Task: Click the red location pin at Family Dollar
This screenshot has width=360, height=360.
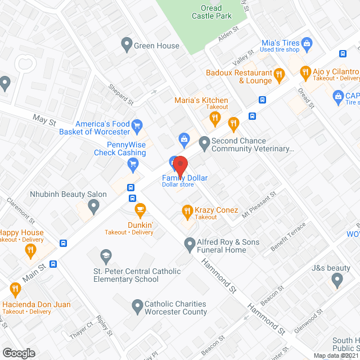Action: (x=179, y=164)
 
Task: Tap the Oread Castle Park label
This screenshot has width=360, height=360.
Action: (x=211, y=12)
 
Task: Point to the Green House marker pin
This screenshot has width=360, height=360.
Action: (x=127, y=43)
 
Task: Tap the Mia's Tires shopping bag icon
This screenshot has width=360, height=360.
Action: (x=307, y=43)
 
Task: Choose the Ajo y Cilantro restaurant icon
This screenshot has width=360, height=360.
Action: (x=305, y=71)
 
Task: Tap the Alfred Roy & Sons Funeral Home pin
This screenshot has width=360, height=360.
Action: (x=190, y=243)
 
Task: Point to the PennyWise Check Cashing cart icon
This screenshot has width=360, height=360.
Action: (x=133, y=164)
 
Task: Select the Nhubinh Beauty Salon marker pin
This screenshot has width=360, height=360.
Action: (x=93, y=207)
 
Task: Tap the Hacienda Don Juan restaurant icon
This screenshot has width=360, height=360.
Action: (x=15, y=290)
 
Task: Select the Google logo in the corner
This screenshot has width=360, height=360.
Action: (x=18, y=353)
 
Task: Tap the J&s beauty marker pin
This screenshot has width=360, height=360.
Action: (x=337, y=280)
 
